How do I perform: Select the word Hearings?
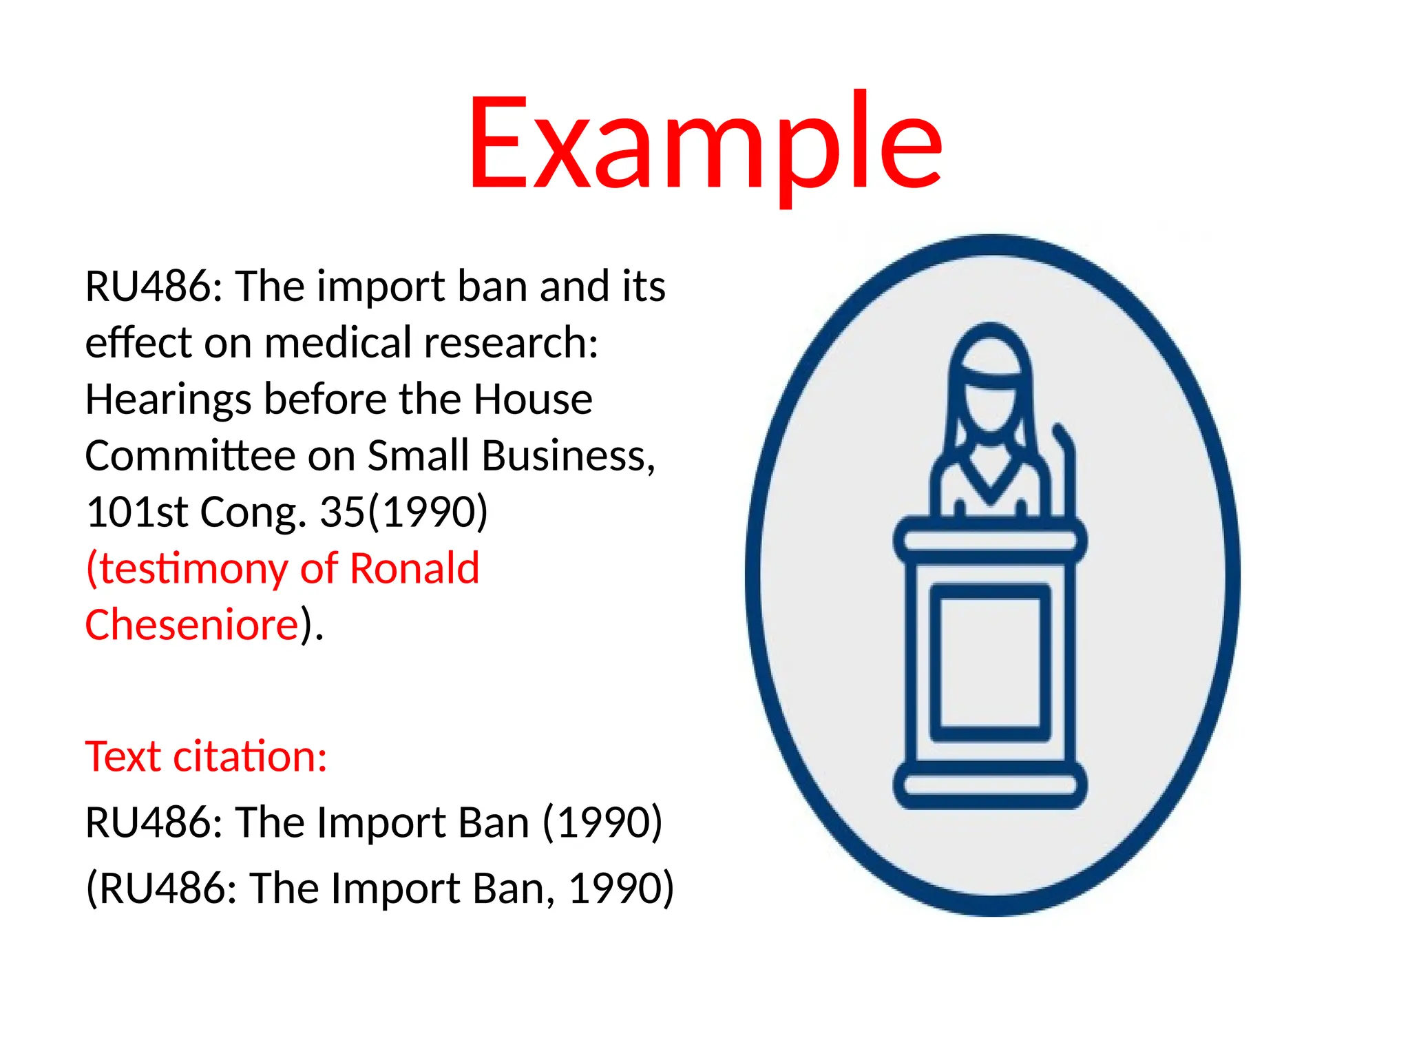[168, 400]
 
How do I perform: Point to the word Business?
[568, 456]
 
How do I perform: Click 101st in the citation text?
[136, 512]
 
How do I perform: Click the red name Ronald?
[414, 569]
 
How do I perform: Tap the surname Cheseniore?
[191, 625]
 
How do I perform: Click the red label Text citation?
[206, 757]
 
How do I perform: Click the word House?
[533, 400]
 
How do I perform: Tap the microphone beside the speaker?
[1066, 468]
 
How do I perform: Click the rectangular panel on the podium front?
[990, 662]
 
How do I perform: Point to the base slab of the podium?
[990, 785]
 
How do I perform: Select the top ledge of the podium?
[990, 540]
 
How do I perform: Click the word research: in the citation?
[511, 343]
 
